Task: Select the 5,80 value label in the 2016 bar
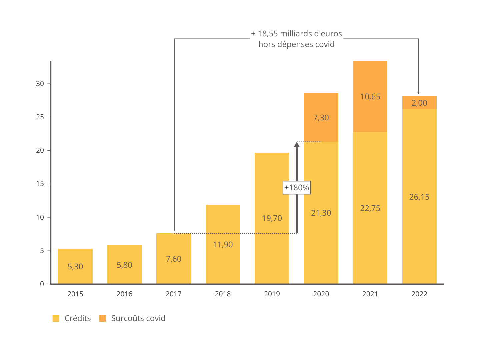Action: [124, 265]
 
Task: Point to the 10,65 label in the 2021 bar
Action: [370, 97]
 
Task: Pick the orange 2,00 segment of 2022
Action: [419, 103]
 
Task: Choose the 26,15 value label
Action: [419, 197]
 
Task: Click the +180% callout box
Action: [297, 188]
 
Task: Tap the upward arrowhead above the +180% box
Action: [297, 144]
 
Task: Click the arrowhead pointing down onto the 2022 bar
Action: [418, 93]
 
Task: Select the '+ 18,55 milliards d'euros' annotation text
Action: [296, 34]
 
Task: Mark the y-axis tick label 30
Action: [40, 84]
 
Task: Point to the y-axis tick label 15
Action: [40, 184]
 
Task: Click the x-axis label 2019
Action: [272, 294]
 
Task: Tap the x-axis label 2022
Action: [419, 294]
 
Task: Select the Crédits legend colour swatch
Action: [56, 318]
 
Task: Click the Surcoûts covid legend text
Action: [138, 318]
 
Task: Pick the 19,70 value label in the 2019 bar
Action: [272, 218]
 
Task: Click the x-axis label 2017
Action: [174, 294]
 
